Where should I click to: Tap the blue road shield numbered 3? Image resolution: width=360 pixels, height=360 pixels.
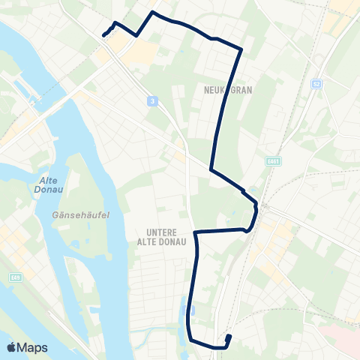[152, 101]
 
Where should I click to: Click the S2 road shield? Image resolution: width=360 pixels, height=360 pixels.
[316, 83]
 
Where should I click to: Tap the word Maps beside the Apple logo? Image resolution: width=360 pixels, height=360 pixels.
[33, 347]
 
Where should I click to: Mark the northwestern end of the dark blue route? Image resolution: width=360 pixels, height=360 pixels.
[103, 34]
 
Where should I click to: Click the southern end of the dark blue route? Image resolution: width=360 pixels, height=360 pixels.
[228, 337]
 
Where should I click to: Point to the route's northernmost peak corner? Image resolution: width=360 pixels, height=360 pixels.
[154, 12]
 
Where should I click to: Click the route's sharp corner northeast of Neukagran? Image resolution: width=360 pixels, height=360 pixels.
[241, 49]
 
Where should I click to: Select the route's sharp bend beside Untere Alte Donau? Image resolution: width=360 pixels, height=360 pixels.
[195, 233]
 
